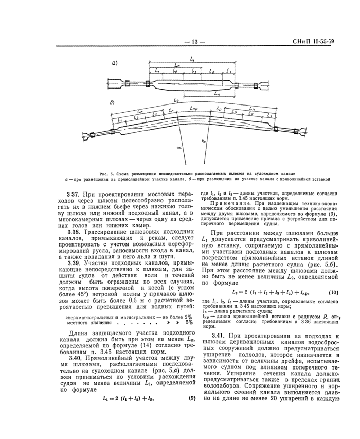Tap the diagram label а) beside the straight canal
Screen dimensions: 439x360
point(115,64)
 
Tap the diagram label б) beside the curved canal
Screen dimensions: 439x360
point(113,103)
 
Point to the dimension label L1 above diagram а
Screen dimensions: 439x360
point(192,59)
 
